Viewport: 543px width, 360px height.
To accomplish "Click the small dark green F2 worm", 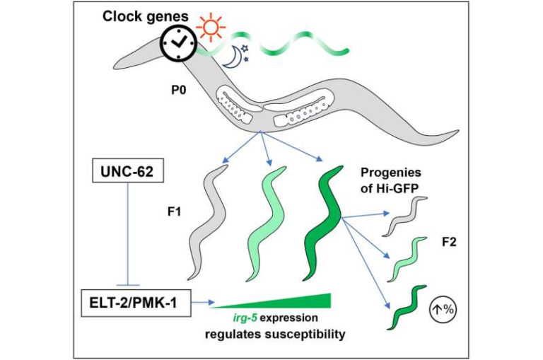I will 407,308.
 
